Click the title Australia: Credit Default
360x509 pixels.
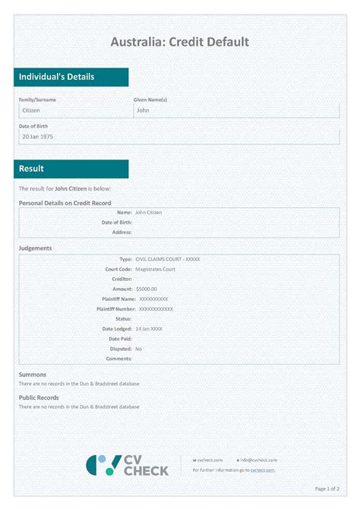pyautogui.click(x=180, y=42)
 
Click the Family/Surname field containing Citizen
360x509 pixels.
pyautogui.click(x=74, y=111)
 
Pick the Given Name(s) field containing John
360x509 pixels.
pyautogui.click(x=235, y=111)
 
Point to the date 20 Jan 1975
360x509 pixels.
pyautogui.click(x=38, y=137)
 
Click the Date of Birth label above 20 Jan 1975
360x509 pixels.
pyautogui.click(x=34, y=125)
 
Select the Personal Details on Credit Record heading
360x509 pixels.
pyautogui.click(x=65, y=203)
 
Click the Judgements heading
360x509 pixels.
pyautogui.click(x=35, y=248)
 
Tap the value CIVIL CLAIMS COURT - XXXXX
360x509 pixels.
pyautogui.click(x=167, y=259)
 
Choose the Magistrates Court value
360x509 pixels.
pyautogui.click(x=155, y=269)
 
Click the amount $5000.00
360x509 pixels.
pyautogui.click(x=146, y=289)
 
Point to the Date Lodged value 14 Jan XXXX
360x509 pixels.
pyautogui.click(x=148, y=329)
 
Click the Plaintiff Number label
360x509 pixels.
pyautogui.click(x=116, y=309)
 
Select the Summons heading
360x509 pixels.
pyautogui.click(x=33, y=375)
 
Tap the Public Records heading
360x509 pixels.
pyautogui.click(x=39, y=397)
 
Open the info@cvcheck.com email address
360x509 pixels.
pyautogui.click(x=259, y=460)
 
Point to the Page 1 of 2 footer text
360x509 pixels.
pyautogui.click(x=327, y=488)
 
